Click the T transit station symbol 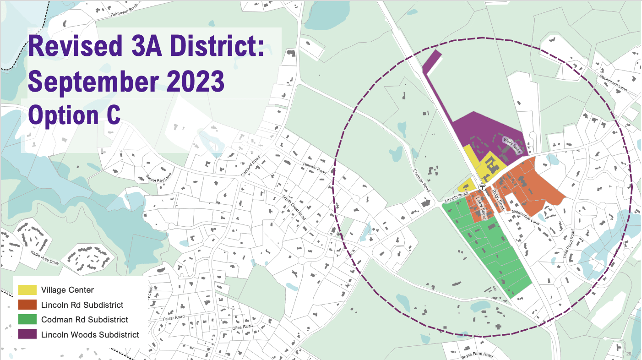point(482,187)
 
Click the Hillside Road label point(314,168)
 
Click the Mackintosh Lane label point(613,82)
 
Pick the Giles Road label point(243,327)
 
